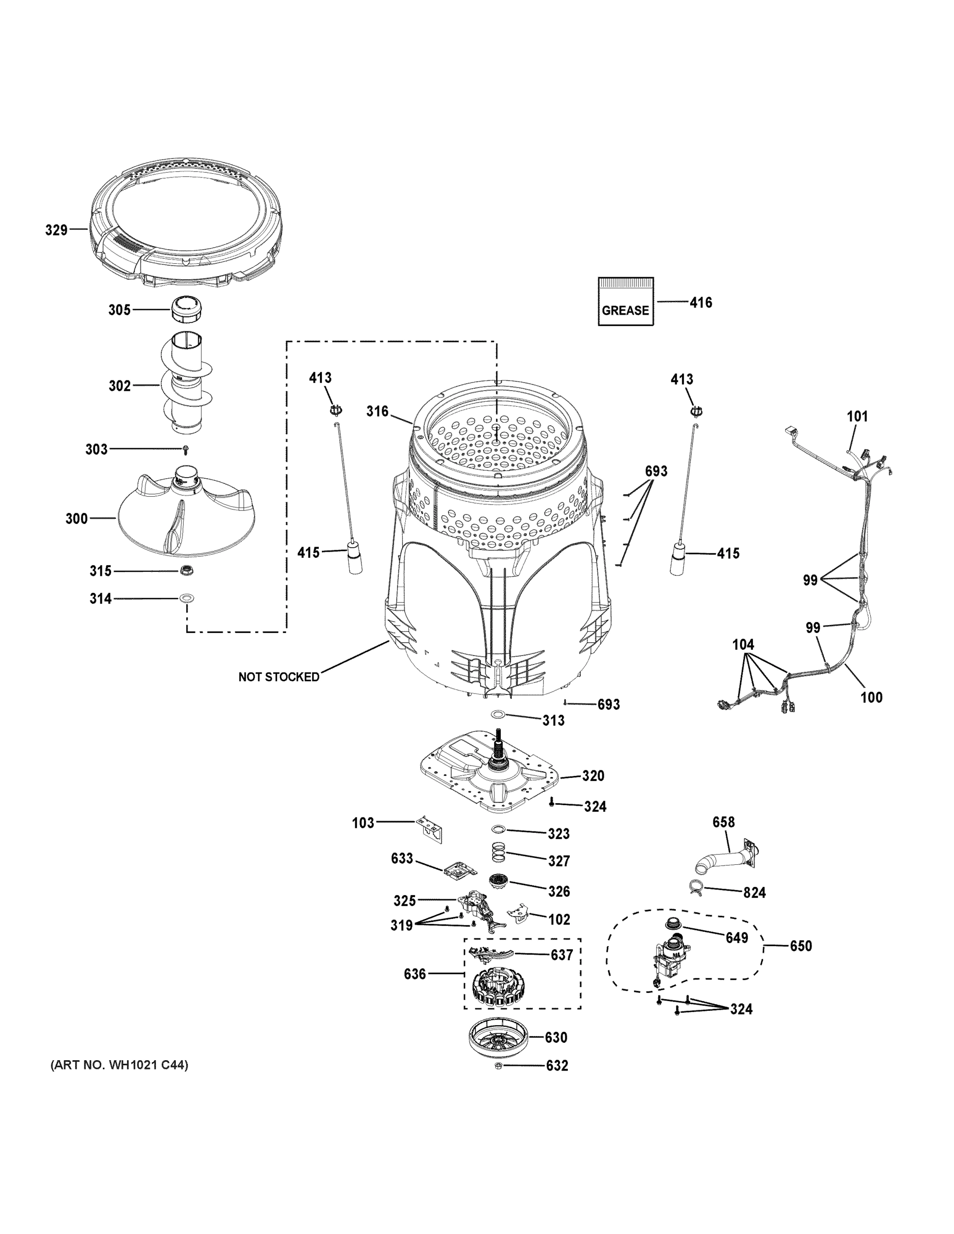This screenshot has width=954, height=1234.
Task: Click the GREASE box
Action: coord(625,301)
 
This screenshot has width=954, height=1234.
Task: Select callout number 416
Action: coord(700,302)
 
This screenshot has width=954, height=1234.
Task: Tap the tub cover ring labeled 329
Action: coord(186,226)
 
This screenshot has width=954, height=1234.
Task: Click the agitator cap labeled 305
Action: coord(187,309)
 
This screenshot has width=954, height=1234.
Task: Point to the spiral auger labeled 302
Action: coord(187,384)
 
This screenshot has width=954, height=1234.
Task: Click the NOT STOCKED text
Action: coord(279,677)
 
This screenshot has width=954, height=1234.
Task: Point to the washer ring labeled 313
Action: coord(498,715)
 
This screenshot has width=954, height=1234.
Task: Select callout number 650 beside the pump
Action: coord(800,946)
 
